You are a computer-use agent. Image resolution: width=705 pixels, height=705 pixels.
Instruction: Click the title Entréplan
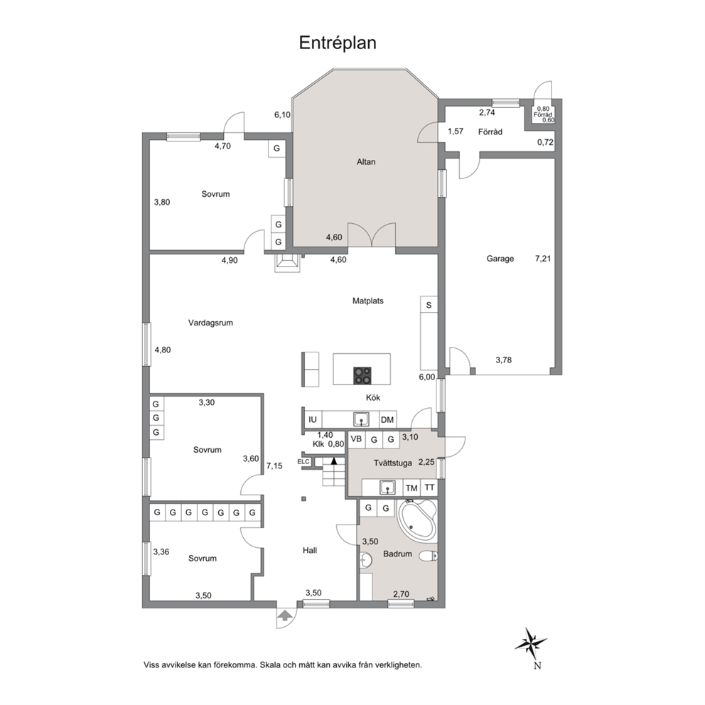[338, 43]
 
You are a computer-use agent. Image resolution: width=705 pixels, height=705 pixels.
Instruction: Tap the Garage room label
[500, 259]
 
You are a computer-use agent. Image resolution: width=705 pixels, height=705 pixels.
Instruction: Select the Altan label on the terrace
[366, 162]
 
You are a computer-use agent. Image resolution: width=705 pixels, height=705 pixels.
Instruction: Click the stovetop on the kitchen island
[362, 376]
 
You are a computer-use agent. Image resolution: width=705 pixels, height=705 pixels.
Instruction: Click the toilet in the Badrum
[428, 556]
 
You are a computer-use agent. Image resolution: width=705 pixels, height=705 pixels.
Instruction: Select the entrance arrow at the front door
[284, 615]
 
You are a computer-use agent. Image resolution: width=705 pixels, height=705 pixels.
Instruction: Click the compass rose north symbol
[531, 640]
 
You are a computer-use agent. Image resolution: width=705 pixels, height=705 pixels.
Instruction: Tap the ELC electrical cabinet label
[303, 462]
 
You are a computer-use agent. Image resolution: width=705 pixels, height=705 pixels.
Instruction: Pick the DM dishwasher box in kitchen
[387, 420]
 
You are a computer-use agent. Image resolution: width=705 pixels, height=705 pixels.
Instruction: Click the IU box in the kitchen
[313, 420]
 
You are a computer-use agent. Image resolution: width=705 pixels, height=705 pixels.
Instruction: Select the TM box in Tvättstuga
[411, 488]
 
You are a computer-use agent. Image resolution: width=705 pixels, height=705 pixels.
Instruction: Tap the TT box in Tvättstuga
[429, 488]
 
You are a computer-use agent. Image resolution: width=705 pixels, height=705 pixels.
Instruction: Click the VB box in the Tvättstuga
[356, 439]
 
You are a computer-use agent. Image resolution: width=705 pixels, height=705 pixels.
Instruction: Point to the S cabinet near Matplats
[429, 306]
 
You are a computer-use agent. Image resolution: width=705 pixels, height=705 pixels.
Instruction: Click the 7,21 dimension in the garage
[543, 259]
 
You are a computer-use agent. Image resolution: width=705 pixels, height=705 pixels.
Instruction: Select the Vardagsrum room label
[210, 323]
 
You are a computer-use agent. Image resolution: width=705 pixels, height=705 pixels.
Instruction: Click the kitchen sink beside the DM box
[361, 419]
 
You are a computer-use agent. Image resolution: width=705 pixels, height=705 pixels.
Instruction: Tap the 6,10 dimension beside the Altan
[282, 115]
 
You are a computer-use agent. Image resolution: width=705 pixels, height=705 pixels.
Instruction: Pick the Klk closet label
[318, 444]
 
